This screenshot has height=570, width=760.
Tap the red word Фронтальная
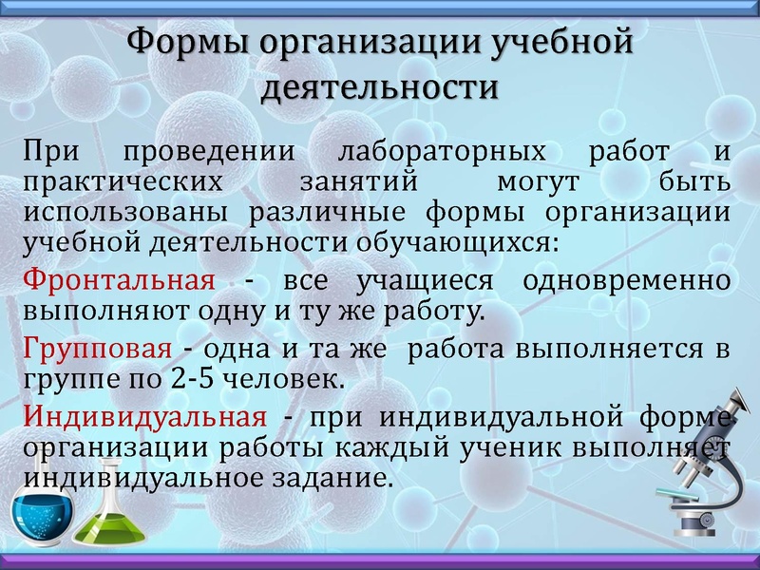click(x=119, y=282)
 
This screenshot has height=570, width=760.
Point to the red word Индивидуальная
click(x=144, y=416)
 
